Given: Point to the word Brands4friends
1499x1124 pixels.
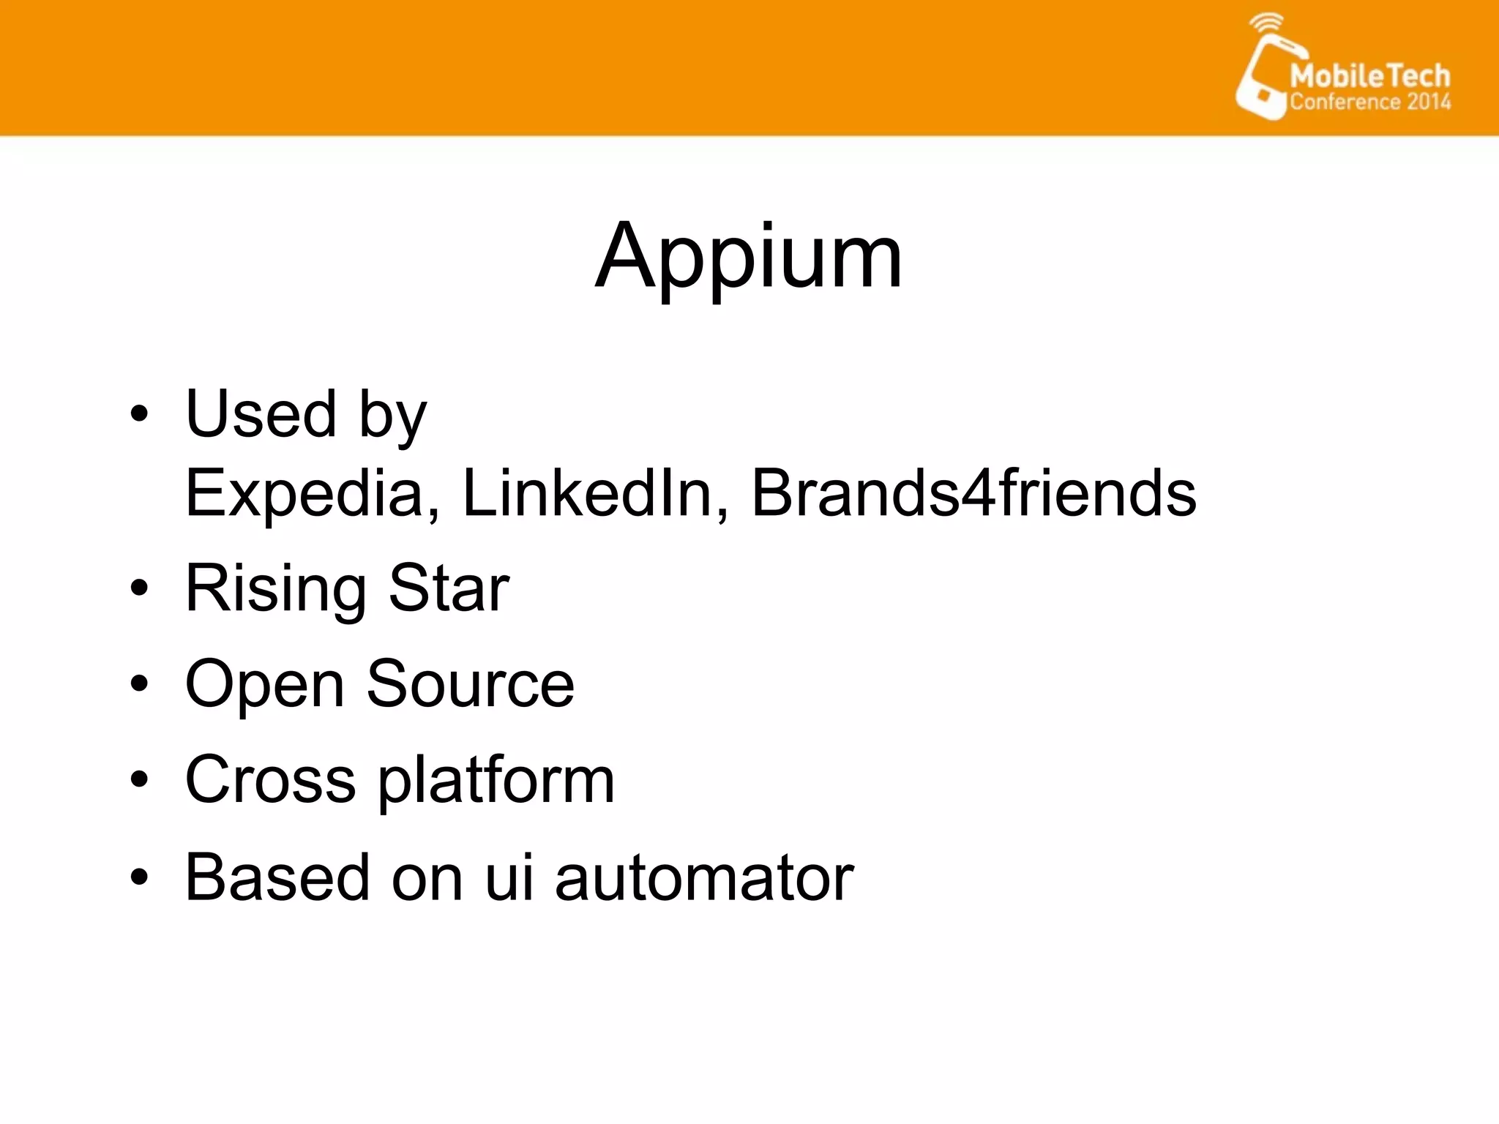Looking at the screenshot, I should [973, 492].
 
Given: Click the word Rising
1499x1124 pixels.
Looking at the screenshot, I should [275, 589].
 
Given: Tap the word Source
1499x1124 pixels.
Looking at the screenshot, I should [470, 684].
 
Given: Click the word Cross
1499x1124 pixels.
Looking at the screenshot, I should [270, 780].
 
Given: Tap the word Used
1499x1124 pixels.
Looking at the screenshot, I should [261, 414].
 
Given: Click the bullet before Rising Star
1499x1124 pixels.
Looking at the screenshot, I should [139, 588].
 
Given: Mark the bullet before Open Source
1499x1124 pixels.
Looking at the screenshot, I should [139, 683].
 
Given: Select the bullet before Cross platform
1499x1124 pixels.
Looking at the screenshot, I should [139, 779].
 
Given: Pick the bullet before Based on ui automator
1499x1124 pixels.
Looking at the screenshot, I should [139, 876].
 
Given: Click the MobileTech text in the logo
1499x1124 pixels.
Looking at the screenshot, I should [1369, 76].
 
